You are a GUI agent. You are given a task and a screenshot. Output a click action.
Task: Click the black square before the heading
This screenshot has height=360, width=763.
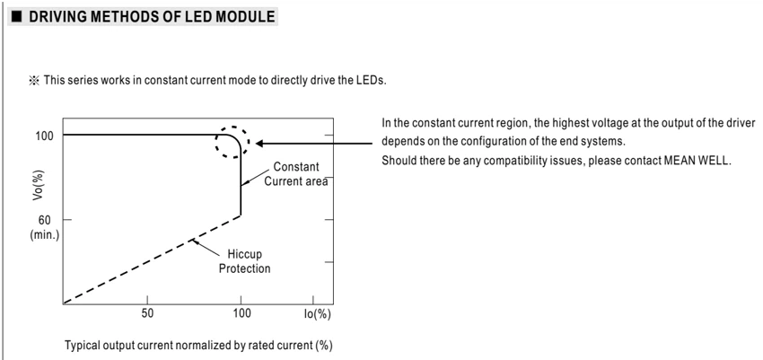coord(17,18)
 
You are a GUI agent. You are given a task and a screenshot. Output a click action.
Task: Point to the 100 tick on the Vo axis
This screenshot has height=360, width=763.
coord(44,136)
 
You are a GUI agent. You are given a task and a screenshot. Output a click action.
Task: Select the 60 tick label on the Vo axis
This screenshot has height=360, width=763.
coord(45,220)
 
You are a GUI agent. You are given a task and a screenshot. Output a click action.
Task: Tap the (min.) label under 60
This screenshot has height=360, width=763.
coord(44,235)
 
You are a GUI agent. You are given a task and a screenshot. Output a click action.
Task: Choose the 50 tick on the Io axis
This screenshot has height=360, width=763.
coord(147,313)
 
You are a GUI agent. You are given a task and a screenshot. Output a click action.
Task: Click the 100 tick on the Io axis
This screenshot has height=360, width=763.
coord(241,313)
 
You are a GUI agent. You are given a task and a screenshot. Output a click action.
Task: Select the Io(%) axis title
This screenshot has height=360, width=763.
coord(317,314)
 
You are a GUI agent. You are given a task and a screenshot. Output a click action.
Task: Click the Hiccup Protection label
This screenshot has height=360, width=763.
coord(244,261)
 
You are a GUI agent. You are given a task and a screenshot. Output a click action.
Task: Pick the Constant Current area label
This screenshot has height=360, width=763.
coord(296,174)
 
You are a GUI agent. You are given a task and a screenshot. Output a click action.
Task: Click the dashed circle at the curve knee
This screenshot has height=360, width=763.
coord(249,142)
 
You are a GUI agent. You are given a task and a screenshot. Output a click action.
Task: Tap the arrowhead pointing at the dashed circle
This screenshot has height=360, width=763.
coord(260,144)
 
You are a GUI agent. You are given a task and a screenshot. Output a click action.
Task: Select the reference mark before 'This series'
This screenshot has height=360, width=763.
coord(33,81)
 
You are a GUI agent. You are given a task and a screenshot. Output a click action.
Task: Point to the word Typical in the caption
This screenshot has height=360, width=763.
coord(83,346)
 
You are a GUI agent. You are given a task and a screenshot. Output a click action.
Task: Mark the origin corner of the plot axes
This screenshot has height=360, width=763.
coord(63,304)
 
